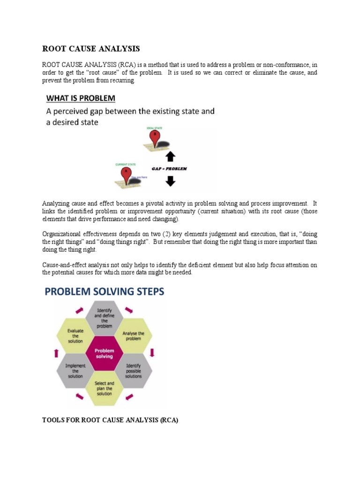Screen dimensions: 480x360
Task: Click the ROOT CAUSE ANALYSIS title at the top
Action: pos(91,48)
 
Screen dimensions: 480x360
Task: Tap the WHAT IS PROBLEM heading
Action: pos(87,98)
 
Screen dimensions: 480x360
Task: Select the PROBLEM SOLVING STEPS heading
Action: pos(105,292)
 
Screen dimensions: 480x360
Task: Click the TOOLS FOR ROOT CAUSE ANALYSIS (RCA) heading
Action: pos(110,420)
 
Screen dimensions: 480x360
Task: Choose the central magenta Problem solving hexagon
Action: pos(105,353)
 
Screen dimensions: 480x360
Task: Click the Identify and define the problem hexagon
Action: pos(105,319)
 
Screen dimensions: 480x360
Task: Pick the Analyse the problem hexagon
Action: pos(134,336)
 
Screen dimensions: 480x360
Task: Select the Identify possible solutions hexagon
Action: pos(134,370)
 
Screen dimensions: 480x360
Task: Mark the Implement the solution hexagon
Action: pos(75,370)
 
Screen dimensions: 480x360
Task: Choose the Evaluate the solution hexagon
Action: pos(75,336)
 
